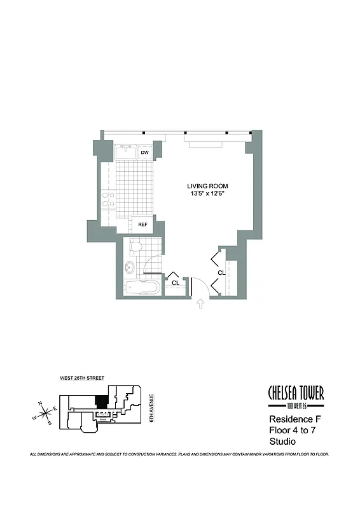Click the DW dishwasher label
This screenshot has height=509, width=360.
click(x=144, y=153)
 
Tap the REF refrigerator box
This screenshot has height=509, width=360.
click(x=140, y=224)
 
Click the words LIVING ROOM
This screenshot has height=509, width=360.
click(x=207, y=186)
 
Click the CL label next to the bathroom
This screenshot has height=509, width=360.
click(x=174, y=282)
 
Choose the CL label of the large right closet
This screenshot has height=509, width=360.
click(x=221, y=272)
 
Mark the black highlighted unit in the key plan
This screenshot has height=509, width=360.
click(x=100, y=403)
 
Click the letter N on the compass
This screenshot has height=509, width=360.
click(x=40, y=403)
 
